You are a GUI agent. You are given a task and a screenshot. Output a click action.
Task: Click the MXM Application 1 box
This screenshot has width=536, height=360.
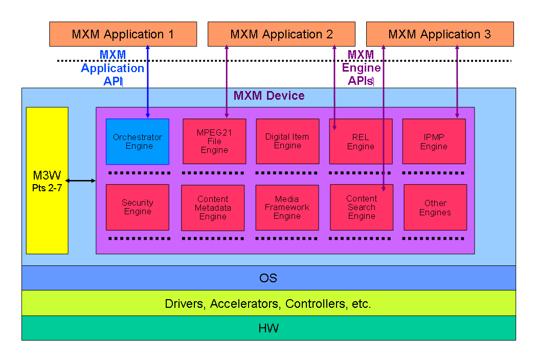coord(123,34)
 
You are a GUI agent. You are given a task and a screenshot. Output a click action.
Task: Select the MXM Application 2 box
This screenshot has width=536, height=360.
coord(281,34)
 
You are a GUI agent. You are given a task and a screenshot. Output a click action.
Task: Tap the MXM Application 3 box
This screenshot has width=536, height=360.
coord(440,34)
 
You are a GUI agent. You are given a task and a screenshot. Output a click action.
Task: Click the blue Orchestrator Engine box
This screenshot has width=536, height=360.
coord(137,142)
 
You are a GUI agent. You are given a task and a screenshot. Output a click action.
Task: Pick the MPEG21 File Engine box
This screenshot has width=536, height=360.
coord(214,142)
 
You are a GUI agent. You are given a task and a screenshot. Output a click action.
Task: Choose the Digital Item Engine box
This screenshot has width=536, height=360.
coord(287,142)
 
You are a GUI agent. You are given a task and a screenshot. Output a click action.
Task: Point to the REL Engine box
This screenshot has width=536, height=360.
coord(361,142)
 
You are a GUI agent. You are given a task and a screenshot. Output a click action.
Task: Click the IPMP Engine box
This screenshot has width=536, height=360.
coord(434,142)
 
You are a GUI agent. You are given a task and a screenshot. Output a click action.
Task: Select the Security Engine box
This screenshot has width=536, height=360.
coord(137,207)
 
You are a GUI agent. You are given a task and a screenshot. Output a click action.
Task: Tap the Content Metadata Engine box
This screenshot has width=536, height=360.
coord(213,208)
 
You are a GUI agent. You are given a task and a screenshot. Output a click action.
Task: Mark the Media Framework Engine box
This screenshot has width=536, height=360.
coord(287,208)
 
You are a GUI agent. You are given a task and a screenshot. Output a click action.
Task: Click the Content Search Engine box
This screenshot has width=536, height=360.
coord(362,207)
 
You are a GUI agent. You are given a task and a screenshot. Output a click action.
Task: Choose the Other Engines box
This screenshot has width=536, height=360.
coord(435,207)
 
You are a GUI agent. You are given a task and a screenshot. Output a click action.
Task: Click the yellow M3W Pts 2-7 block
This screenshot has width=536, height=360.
coord(47,180)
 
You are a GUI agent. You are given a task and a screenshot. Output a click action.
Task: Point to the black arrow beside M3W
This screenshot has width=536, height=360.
coord(82,181)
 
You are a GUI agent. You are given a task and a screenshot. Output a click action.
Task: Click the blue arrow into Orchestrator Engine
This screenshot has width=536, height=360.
coord(148,82)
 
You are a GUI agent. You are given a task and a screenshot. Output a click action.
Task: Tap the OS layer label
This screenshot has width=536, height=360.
coord(269,278)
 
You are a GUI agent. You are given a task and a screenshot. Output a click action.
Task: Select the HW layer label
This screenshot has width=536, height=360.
coord(269,328)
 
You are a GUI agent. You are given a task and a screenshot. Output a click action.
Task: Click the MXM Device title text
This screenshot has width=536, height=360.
coord(269,96)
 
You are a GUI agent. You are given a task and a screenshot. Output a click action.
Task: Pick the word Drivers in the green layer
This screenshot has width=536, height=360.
coord(184,304)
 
